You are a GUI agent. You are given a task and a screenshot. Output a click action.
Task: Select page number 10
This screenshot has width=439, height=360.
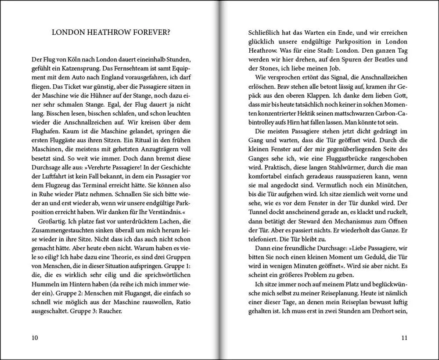[35, 338]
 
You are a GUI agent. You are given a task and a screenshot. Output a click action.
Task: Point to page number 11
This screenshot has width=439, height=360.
[404, 338]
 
